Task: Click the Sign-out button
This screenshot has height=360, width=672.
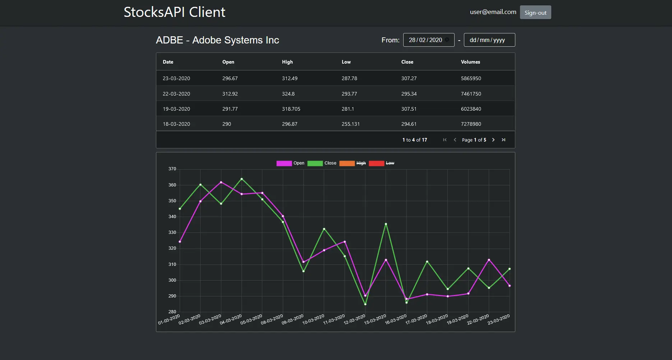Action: pyautogui.click(x=535, y=13)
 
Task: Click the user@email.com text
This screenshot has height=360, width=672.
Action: pyautogui.click(x=493, y=12)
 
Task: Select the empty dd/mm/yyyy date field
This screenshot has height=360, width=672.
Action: pyautogui.click(x=489, y=40)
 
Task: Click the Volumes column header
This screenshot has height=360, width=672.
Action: pyautogui.click(x=470, y=62)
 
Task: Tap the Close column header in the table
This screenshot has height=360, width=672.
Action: pyautogui.click(x=407, y=62)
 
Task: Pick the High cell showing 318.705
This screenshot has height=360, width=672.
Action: pyautogui.click(x=291, y=109)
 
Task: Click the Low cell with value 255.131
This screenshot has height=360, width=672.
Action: pyautogui.click(x=350, y=124)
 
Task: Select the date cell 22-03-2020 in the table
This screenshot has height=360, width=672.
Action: pyautogui.click(x=176, y=94)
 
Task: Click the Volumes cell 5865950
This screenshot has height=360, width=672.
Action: pyautogui.click(x=471, y=78)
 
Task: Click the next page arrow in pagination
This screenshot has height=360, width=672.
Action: pyautogui.click(x=493, y=140)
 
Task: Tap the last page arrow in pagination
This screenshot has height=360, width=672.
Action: pyautogui.click(x=503, y=140)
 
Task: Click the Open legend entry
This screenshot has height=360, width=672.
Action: pyautogui.click(x=291, y=163)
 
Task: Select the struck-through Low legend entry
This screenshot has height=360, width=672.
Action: pyautogui.click(x=390, y=163)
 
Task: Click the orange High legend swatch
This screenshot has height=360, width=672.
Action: pyautogui.click(x=347, y=163)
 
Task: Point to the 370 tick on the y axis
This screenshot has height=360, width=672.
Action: pyautogui.click(x=172, y=169)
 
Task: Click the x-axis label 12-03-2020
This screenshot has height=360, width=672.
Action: pyautogui.click(x=354, y=319)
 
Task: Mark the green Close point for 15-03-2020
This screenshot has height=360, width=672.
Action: pyautogui.click(x=386, y=224)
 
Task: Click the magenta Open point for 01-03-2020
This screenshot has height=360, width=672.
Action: pyautogui.click(x=180, y=241)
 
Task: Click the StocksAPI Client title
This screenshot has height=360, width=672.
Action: pyautogui.click(x=174, y=12)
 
